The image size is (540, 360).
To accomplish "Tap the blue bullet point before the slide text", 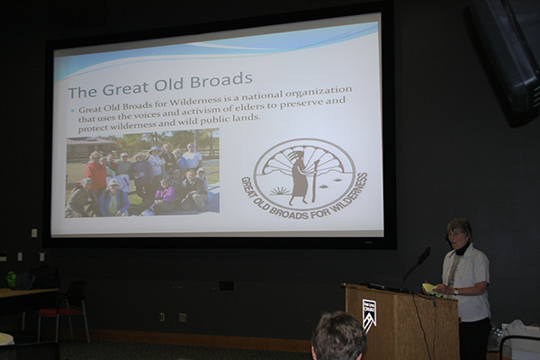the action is coord(73,111).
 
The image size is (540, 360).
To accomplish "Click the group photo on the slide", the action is coord(142,173).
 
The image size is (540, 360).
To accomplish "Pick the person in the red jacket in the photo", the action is coord(95,174).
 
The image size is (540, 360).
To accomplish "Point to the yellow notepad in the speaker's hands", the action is coord(430,289).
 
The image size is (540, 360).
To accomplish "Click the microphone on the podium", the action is coord(418,265).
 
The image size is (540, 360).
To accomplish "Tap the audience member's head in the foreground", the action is coord(338,337).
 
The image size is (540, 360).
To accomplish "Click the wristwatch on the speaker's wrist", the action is coord(455,292).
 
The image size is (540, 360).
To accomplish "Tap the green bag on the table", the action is coord(12,279).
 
